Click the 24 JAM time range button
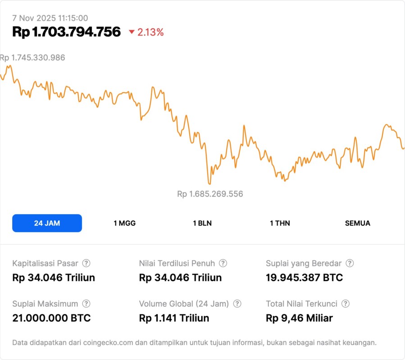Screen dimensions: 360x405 (x=47, y=223)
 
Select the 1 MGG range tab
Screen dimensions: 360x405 (x=124, y=223)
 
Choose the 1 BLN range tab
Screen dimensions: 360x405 (x=202, y=223)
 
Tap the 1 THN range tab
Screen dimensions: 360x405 (x=280, y=223)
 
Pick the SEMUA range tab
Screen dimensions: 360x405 (x=358, y=223)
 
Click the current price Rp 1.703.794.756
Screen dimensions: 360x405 (x=66, y=32)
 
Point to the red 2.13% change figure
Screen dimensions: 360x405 (x=150, y=32)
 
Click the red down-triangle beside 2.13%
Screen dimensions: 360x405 (x=132, y=32)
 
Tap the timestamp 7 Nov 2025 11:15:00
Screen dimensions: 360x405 (x=50, y=18)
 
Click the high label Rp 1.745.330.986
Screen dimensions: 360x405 (x=32, y=58)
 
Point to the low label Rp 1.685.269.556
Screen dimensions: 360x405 (x=210, y=194)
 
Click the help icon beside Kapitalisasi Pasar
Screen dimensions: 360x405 (x=86, y=263)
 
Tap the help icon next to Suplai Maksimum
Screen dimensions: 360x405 (x=86, y=304)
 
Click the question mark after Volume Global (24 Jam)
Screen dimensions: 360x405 (x=237, y=304)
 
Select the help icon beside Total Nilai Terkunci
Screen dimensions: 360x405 (x=346, y=304)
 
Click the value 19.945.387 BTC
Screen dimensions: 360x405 (x=304, y=278)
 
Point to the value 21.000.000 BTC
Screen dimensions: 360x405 (x=51, y=318)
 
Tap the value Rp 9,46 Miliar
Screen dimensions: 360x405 (x=299, y=318)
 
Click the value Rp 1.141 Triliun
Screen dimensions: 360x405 (x=174, y=318)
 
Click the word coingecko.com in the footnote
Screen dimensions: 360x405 (x=109, y=343)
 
